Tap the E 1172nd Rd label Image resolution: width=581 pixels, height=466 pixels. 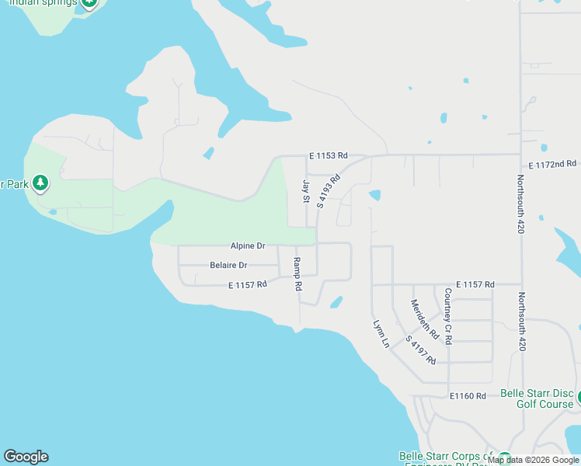552,165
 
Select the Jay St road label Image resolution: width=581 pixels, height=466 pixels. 306,192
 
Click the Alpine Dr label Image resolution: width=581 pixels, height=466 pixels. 248,245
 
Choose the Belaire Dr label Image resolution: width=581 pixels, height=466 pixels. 228,266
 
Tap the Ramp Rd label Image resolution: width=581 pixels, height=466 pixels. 297,273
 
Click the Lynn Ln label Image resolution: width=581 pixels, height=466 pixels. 381,333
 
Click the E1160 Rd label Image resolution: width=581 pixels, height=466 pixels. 468,396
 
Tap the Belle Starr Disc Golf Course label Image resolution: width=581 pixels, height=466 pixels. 536,398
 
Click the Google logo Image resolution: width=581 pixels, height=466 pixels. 26,457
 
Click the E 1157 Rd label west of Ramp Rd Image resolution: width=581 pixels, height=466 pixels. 248,285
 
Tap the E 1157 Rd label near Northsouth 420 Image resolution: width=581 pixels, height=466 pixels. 475,285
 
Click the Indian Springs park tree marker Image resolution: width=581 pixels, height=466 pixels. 90,2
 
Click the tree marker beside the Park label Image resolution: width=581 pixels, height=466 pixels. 40,184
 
